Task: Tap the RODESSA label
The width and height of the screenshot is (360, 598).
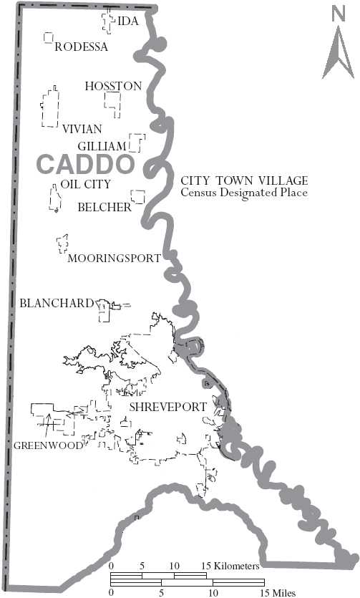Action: pos(81,47)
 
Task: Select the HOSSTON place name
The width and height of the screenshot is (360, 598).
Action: pos(113,86)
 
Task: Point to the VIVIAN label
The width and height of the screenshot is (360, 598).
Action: pos(82,129)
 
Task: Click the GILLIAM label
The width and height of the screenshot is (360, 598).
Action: pos(102,146)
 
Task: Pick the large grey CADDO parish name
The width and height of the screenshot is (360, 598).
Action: pos(85,164)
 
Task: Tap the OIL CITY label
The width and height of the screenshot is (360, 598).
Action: pos(86,184)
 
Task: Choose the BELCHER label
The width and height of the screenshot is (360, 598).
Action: pos(105,208)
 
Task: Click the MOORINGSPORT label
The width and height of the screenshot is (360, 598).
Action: pos(114,259)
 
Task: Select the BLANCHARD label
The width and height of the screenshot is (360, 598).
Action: pos(57,304)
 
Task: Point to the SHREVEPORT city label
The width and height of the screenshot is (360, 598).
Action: pos(167,407)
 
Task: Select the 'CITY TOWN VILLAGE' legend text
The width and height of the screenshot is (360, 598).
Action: pos(244,180)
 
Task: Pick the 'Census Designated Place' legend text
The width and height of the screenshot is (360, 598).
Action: pos(244,193)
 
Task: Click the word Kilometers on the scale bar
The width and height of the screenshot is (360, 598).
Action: pos(233,566)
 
